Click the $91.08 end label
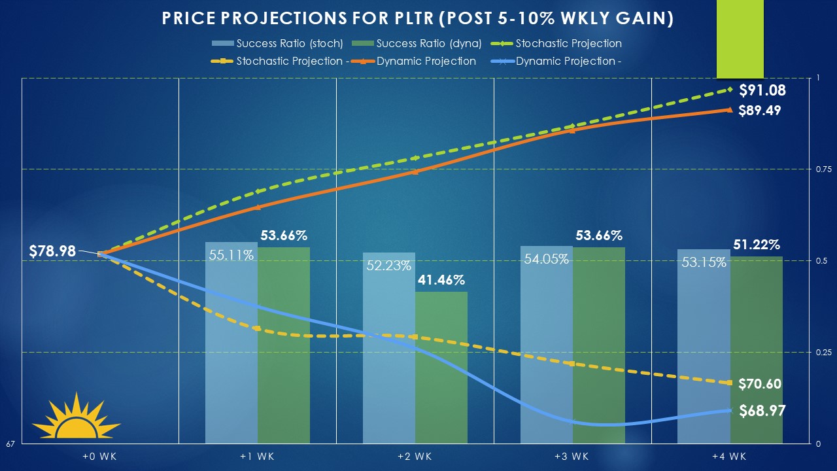[762, 91]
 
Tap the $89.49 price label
[759, 111]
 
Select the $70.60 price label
[759, 384]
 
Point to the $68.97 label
[762, 411]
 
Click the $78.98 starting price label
[52, 251]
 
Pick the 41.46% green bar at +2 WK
[441, 367]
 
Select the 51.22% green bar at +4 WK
[757, 349]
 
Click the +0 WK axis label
[100, 456]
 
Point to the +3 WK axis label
[573, 456]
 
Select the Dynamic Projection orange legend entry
[426, 61]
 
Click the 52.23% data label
[389, 266]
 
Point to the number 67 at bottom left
[10, 445]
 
